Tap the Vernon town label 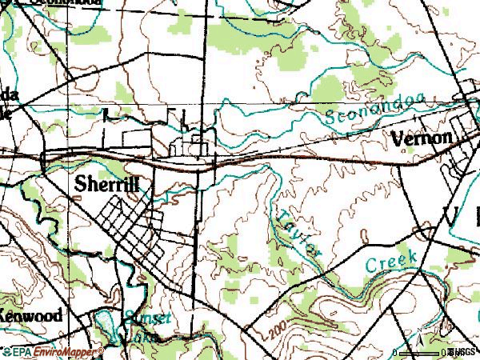tap(422, 138)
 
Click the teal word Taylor tap(298, 232)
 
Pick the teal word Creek tap(391, 262)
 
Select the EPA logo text tap(16, 352)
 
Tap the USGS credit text tap(464, 352)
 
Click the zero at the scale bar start tap(395, 353)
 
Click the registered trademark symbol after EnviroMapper tap(101, 350)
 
